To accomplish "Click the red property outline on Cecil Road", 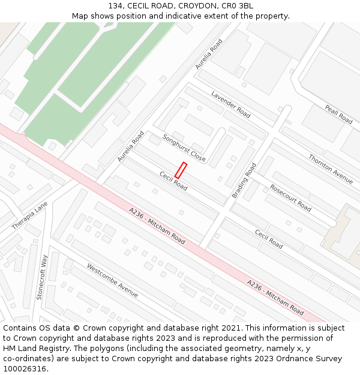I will (181, 170).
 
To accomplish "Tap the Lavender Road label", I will (230, 104).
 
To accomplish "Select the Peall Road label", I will (338, 114).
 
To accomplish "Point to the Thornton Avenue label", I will (331, 168).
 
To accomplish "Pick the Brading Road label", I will (244, 180).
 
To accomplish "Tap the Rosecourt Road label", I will (290, 197).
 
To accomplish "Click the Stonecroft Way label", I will (41, 277).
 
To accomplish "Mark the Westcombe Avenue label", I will (112, 280).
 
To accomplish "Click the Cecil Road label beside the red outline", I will (173, 181).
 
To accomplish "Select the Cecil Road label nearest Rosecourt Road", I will (268, 239).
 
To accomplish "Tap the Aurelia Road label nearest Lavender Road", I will (209, 54).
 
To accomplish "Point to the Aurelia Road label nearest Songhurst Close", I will (131, 146).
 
